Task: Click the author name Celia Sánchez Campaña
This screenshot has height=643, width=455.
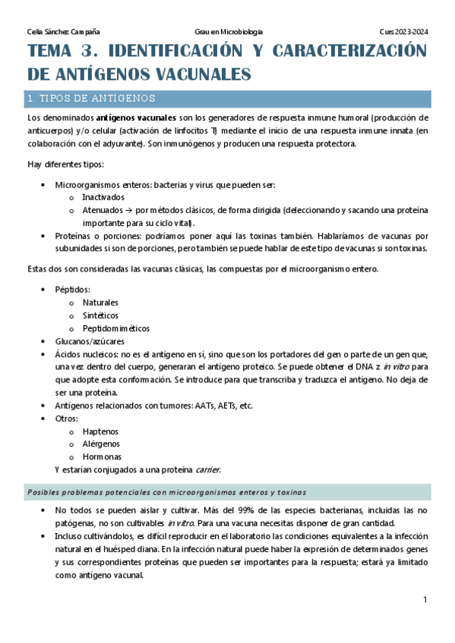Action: coord(63,32)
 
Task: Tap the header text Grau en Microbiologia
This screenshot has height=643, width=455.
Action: coord(229,32)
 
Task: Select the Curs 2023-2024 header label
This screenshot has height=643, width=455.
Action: coord(404,32)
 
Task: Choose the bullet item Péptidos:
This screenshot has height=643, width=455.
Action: coord(73,290)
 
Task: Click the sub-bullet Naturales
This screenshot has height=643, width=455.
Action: coord(100,303)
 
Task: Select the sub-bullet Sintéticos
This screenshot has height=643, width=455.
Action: coord(100,315)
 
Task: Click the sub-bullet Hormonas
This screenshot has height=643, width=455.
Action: coord(102,456)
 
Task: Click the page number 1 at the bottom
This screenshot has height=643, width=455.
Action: coord(425,600)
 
